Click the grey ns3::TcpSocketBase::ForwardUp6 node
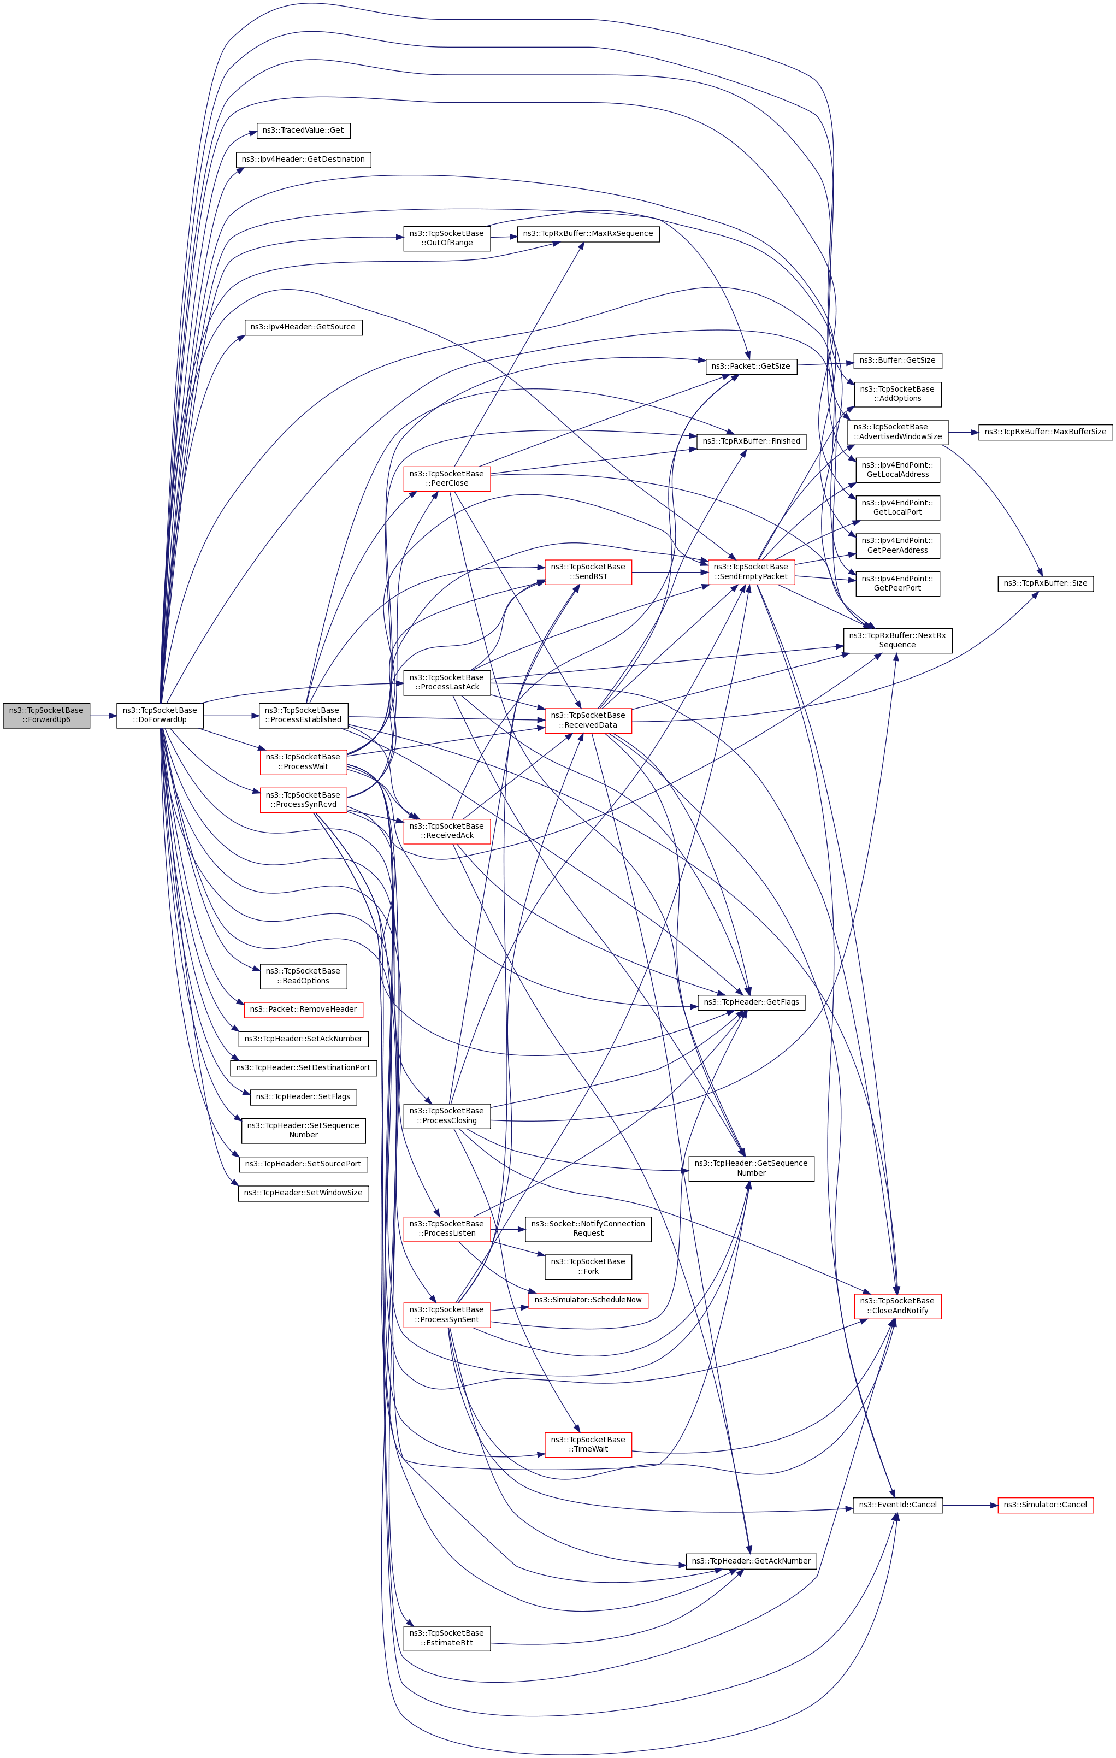tap(46, 716)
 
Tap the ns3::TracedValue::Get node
tap(303, 131)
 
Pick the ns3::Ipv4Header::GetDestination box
tap(303, 159)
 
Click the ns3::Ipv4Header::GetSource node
tap(303, 327)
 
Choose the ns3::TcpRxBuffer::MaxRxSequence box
tap(588, 234)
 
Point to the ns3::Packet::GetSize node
tap(751, 367)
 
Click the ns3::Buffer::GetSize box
tap(897, 361)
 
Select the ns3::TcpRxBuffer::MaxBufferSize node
tap(1045, 432)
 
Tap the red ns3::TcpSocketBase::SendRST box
tap(588, 571)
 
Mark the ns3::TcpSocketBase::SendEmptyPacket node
tap(751, 571)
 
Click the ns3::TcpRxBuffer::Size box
tap(1045, 583)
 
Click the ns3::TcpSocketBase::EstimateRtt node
tap(447, 1638)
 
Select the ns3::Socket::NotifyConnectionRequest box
tap(588, 1229)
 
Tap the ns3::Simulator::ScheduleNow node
tap(588, 1300)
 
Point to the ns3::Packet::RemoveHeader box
tap(303, 1010)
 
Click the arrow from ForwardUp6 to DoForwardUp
tap(103, 716)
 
